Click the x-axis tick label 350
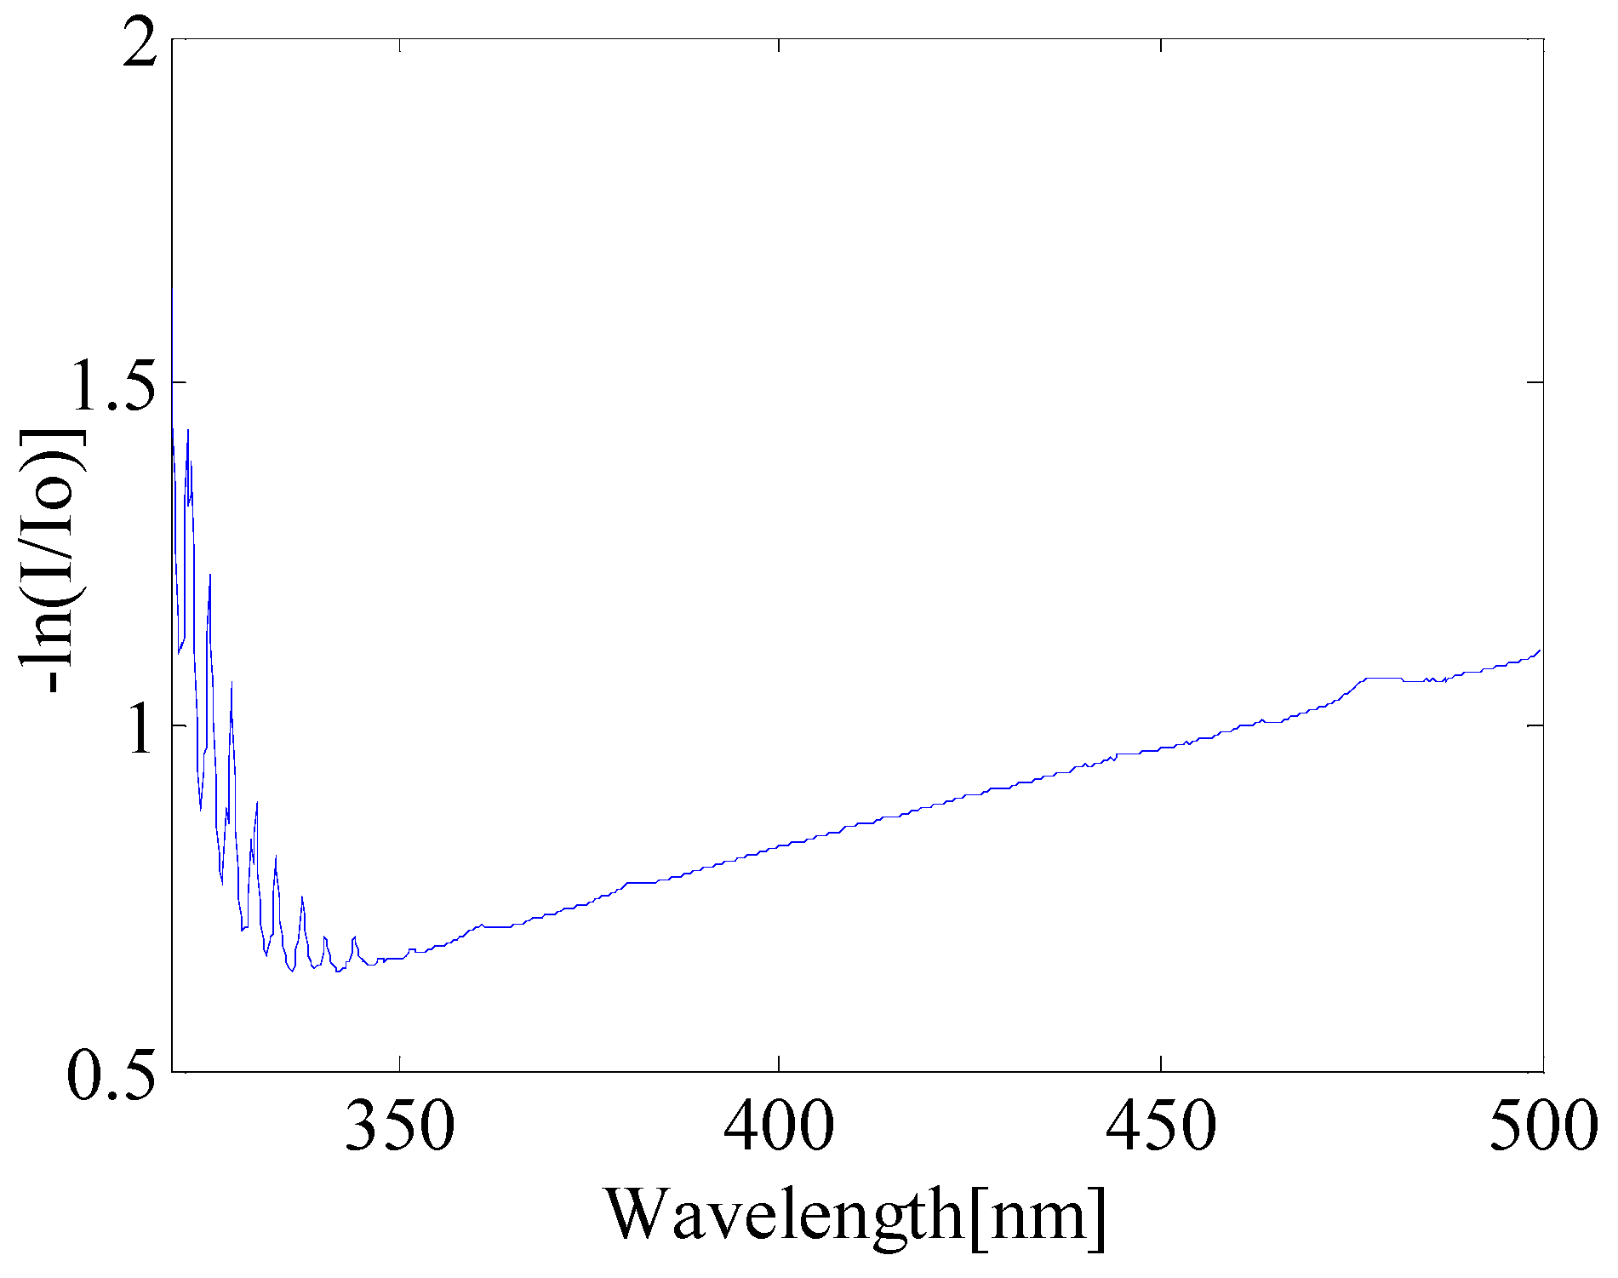tap(399, 1127)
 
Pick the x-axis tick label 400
tap(779, 1127)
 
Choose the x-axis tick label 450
tap(1161, 1127)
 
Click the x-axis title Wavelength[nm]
tap(855, 1216)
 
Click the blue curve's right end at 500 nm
tap(1541, 650)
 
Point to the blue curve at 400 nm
tap(780, 846)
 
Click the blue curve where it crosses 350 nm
tap(399, 958)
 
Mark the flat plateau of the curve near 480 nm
tap(1383, 679)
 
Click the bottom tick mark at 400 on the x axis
tap(780, 1064)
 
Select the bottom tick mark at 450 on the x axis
tap(1161, 1064)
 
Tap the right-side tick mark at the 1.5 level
tap(1535, 382)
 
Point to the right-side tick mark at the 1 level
tap(1535, 725)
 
